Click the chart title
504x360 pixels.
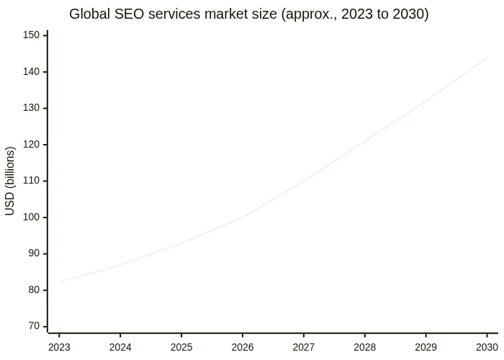[249, 14]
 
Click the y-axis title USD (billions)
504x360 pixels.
[10, 181]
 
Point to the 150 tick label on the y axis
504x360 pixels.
[32, 35]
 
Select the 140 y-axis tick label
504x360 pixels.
[32, 72]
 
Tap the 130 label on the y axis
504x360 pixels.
[32, 108]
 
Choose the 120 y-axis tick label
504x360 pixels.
[32, 145]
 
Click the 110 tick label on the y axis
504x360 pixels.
[32, 181]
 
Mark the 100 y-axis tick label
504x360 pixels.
[32, 217]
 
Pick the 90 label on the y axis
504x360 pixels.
[34, 253]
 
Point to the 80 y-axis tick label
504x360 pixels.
[34, 290]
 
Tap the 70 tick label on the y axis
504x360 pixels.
[34, 326]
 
